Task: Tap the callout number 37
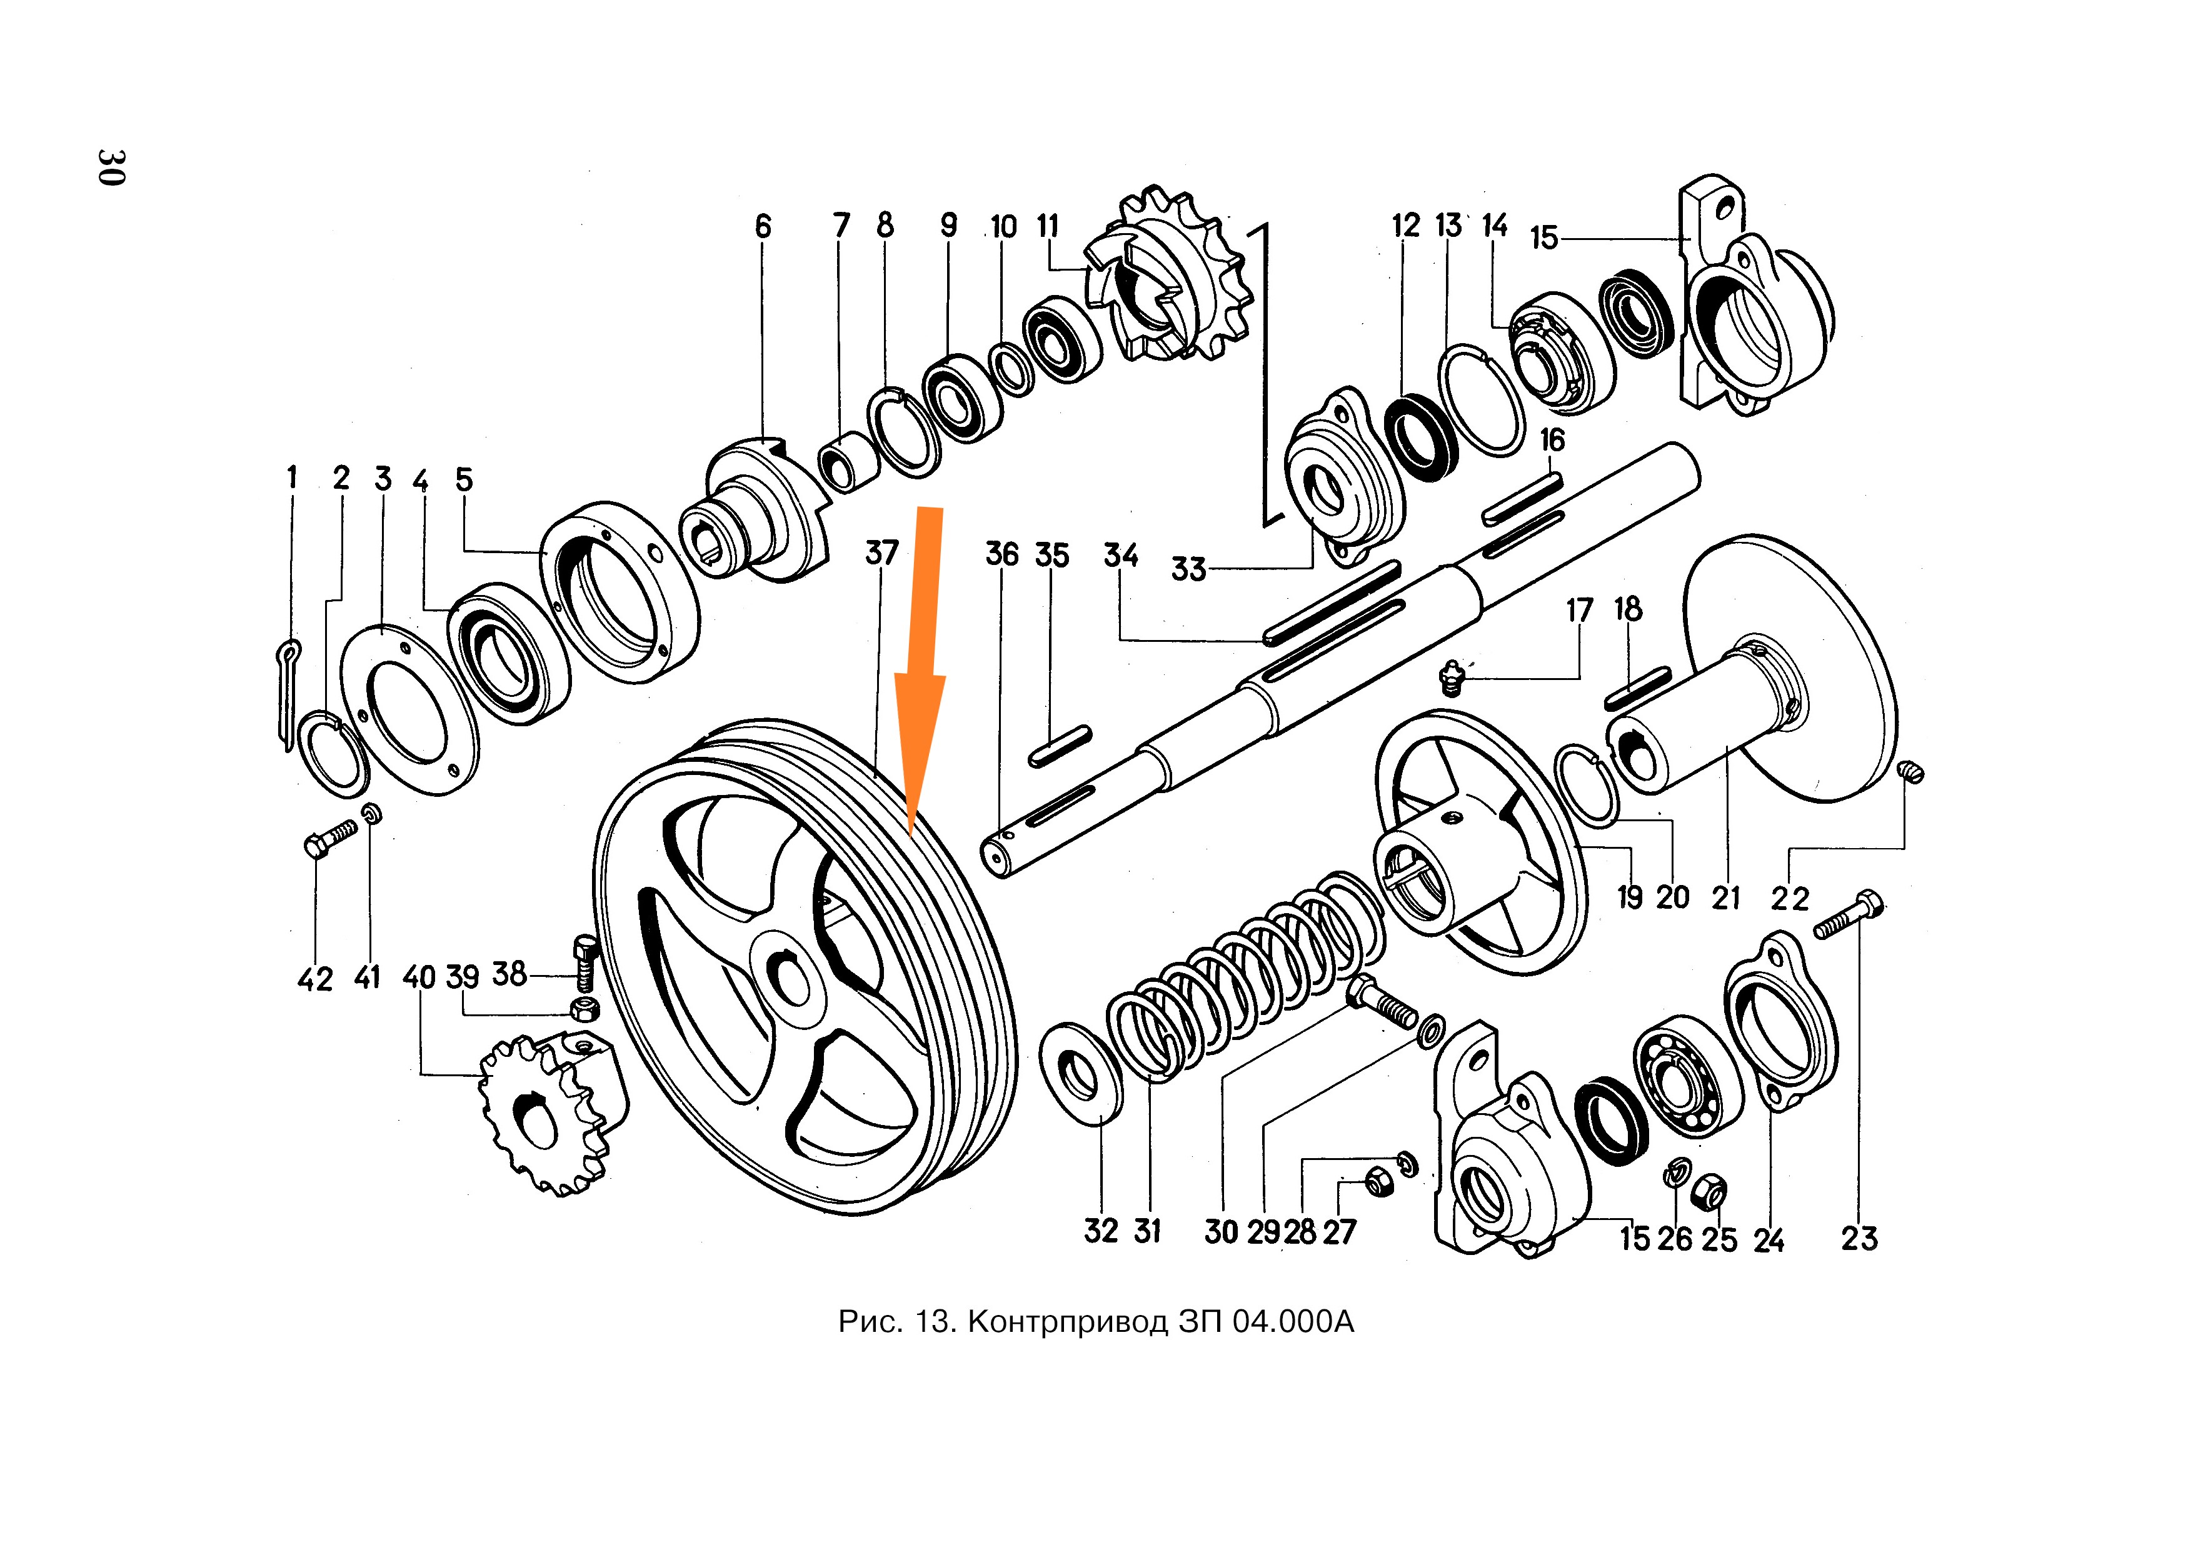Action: point(881,553)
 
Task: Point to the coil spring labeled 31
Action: point(1242,984)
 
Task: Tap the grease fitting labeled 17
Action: point(1452,679)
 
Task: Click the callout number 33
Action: point(1189,569)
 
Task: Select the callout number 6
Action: point(762,226)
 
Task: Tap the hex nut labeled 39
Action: point(584,1007)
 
